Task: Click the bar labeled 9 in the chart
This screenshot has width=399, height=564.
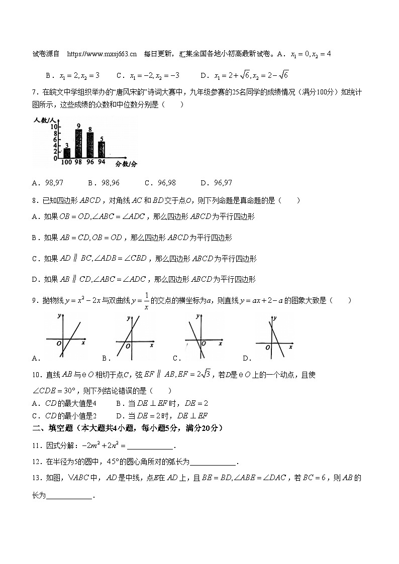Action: coord(79,144)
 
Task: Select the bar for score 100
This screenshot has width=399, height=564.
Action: coord(67,153)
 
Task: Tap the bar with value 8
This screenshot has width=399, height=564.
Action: coord(90,145)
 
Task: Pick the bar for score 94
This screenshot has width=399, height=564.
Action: coord(102,150)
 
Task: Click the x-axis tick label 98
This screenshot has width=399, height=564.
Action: coord(79,162)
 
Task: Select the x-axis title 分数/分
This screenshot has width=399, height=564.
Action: coord(126,164)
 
